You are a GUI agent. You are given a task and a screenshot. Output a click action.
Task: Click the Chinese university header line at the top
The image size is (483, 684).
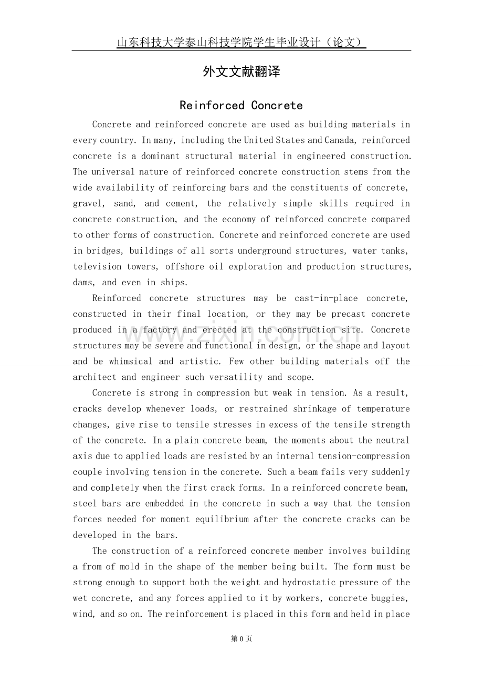241,43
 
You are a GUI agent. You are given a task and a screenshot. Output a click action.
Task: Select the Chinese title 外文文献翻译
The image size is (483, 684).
241,72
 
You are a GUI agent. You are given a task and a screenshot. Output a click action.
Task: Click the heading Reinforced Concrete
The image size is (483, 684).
241,106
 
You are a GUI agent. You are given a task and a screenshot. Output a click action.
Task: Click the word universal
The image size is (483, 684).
114,172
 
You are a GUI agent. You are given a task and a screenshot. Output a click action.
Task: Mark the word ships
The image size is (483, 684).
173,282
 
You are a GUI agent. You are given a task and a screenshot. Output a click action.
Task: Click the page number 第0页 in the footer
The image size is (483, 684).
241,639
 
